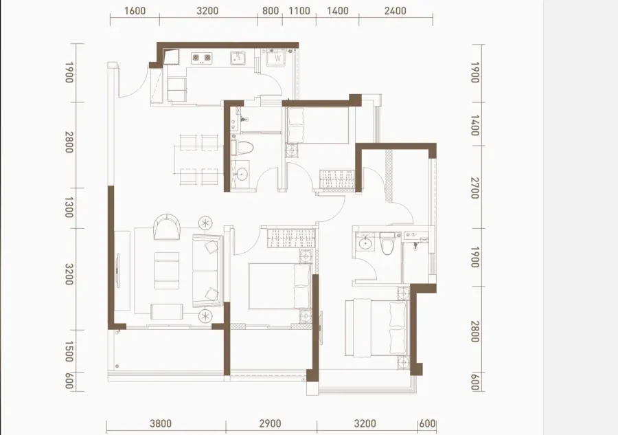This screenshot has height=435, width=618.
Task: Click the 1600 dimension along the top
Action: click(x=135, y=10)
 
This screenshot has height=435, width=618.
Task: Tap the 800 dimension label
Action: click(x=271, y=10)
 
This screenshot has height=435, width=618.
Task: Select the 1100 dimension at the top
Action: click(x=299, y=10)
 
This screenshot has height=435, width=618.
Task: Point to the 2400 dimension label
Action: click(x=395, y=10)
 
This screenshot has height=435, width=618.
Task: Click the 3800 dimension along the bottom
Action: click(x=161, y=423)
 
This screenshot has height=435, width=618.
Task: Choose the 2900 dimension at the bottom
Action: click(x=271, y=423)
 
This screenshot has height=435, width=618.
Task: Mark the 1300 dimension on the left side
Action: click(x=69, y=208)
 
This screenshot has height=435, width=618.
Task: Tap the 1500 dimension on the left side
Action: click(x=69, y=351)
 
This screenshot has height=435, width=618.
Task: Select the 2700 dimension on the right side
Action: click(x=475, y=188)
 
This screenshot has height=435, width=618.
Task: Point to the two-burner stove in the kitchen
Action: click(x=202, y=58)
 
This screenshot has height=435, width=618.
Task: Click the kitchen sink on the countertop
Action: click(x=238, y=58)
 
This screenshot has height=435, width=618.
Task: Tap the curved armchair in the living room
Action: click(x=167, y=226)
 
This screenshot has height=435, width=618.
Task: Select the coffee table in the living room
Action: click(x=167, y=270)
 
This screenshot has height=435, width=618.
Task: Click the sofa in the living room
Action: click(x=207, y=271)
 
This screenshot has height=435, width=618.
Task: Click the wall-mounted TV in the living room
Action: click(x=118, y=270)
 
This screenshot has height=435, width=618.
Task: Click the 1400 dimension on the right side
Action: click(x=475, y=125)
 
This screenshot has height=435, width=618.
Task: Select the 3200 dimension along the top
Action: click(x=207, y=10)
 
